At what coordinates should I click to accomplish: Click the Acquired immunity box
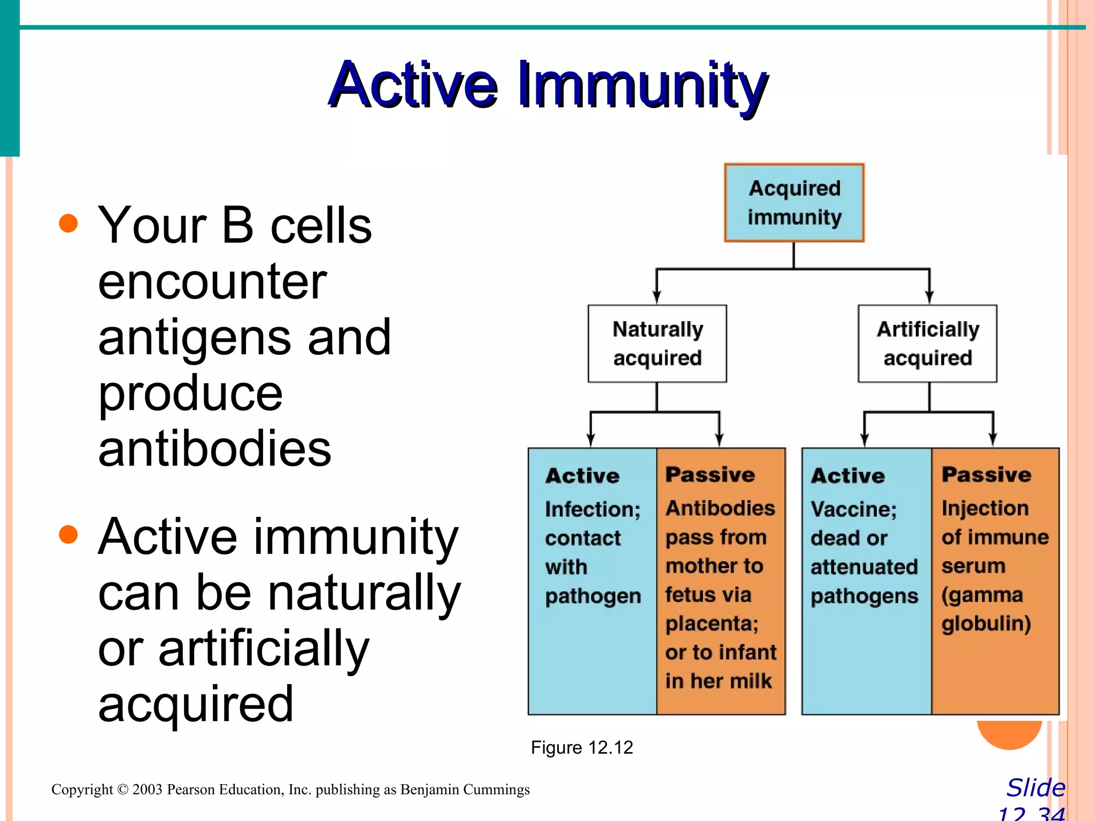[x=794, y=203]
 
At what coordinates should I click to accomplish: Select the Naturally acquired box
[x=657, y=344]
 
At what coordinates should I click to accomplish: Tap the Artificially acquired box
[x=928, y=344]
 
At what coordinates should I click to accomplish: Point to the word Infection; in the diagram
[x=592, y=509]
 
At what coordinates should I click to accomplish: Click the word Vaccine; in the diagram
[x=853, y=509]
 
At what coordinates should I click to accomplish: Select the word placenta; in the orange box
[x=712, y=624]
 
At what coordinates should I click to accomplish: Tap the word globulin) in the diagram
[x=986, y=624]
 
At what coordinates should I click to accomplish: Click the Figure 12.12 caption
[x=582, y=747]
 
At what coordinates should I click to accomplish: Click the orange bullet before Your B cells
[x=68, y=223]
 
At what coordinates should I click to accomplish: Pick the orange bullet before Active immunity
[x=68, y=534]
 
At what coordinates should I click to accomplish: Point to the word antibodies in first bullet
[x=214, y=449]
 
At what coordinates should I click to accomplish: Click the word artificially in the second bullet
[x=264, y=648]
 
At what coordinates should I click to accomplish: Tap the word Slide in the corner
[x=1036, y=788]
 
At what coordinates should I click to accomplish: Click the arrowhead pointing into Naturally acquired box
[x=657, y=298]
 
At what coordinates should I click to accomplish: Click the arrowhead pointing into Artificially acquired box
[x=929, y=298]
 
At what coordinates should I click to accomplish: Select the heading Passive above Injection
[x=986, y=475]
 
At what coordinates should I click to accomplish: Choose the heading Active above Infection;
[x=582, y=476]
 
